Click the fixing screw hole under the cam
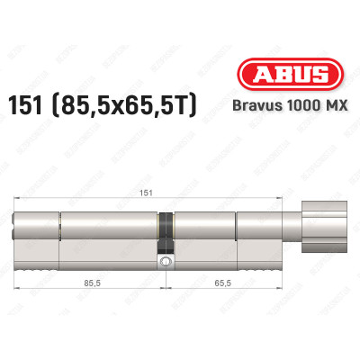click(x=166, y=263)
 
